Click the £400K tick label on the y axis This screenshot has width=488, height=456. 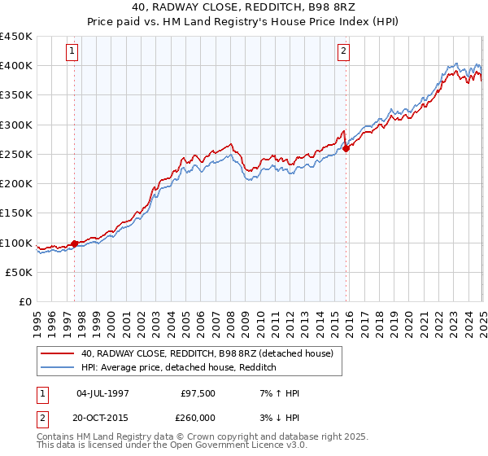coord(16,66)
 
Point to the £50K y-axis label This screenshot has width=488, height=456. coord(20,273)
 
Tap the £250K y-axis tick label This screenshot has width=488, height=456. coord(16,155)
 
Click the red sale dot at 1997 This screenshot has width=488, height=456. coord(74,243)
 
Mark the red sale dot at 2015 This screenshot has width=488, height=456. coord(346,148)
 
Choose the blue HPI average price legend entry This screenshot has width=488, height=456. coord(179,368)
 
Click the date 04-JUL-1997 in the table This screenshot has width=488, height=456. coord(102,393)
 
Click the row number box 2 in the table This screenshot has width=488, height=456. coord(41,416)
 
